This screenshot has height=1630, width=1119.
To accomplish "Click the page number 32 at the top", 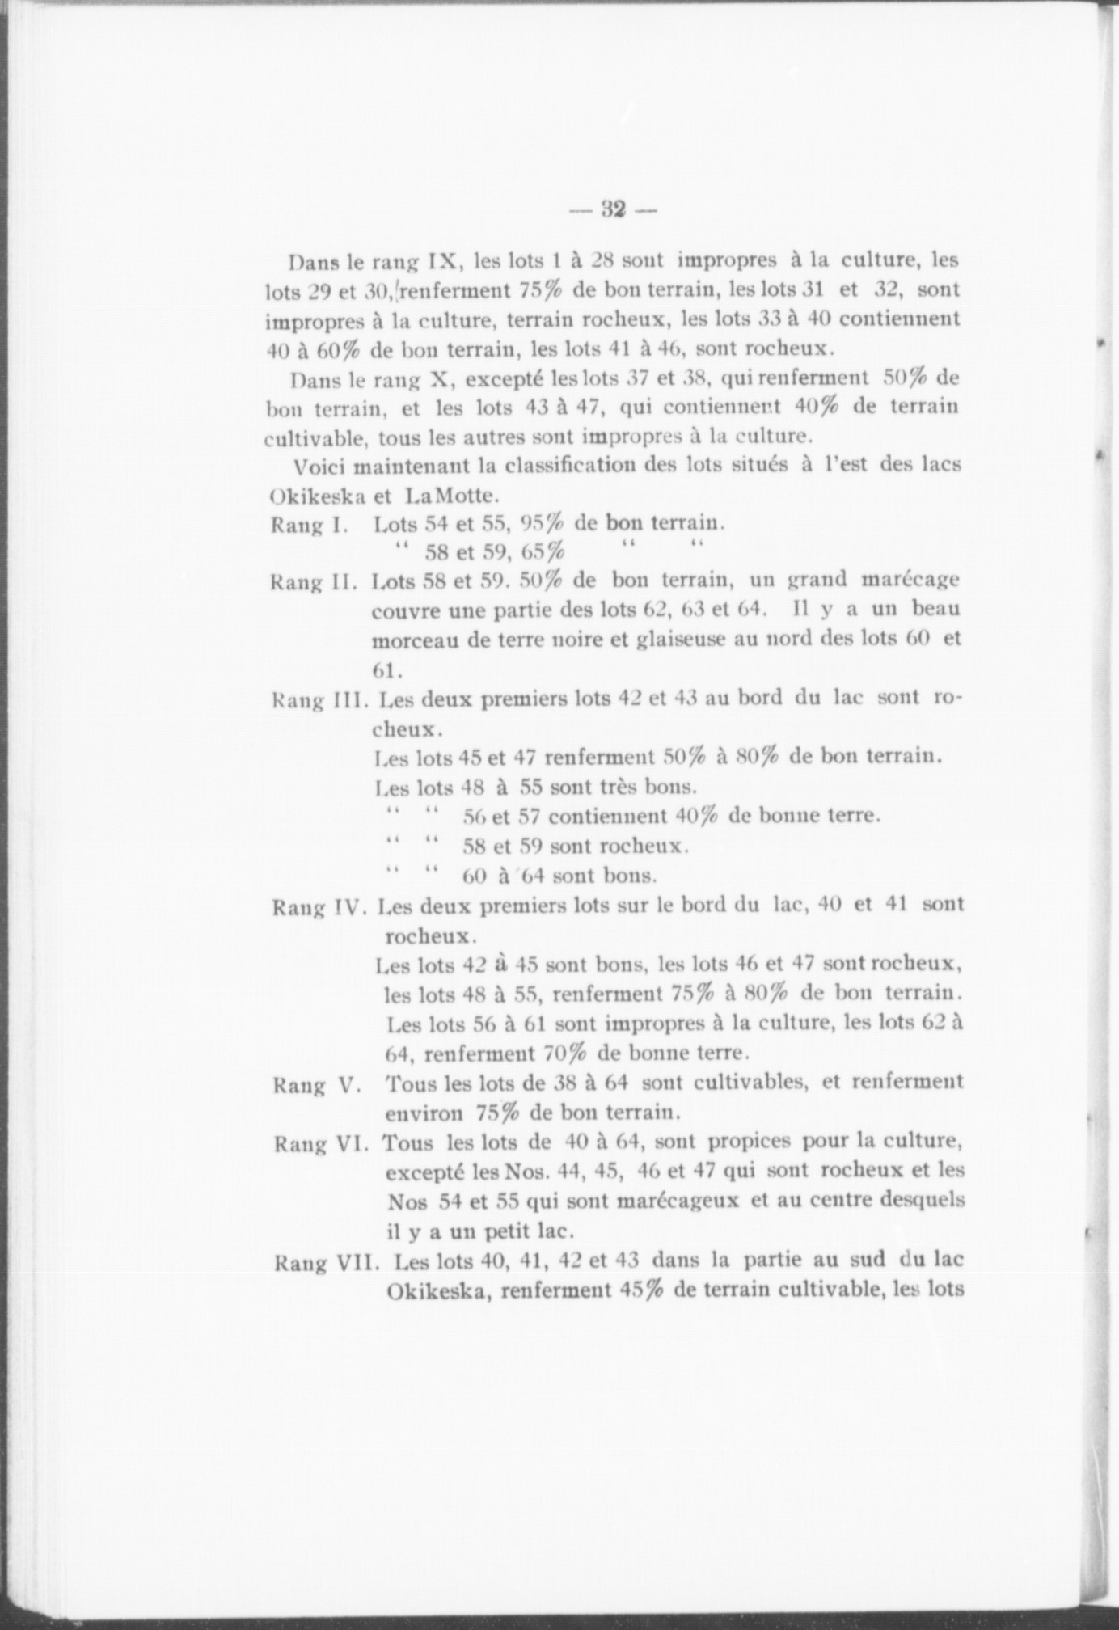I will [x=614, y=211].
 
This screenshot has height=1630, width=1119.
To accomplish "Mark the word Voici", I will [x=322, y=467].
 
